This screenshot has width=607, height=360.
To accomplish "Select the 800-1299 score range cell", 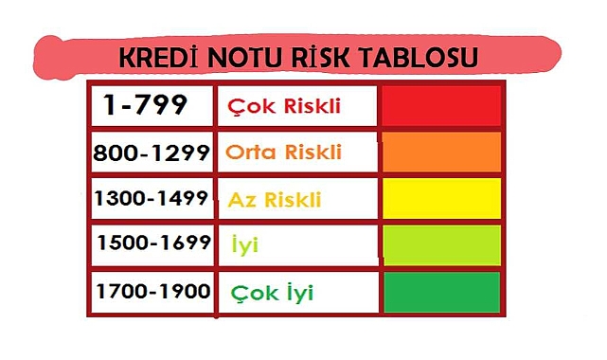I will [151, 152].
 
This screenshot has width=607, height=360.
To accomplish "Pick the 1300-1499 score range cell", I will [152, 198].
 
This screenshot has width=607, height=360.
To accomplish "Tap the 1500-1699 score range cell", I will [152, 243].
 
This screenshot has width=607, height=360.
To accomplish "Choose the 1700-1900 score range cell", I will [152, 291].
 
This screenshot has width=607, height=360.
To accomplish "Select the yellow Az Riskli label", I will [275, 200].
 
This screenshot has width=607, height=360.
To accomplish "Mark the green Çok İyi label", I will [273, 293].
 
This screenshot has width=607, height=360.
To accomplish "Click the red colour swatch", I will [441, 106].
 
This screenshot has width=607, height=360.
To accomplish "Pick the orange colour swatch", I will [441, 153].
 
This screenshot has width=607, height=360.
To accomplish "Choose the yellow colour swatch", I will [441, 199].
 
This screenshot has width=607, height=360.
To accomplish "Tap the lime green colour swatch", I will [441, 244].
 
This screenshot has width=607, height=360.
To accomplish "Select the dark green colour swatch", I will [441, 292].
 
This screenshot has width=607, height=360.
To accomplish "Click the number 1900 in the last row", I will [183, 291].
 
